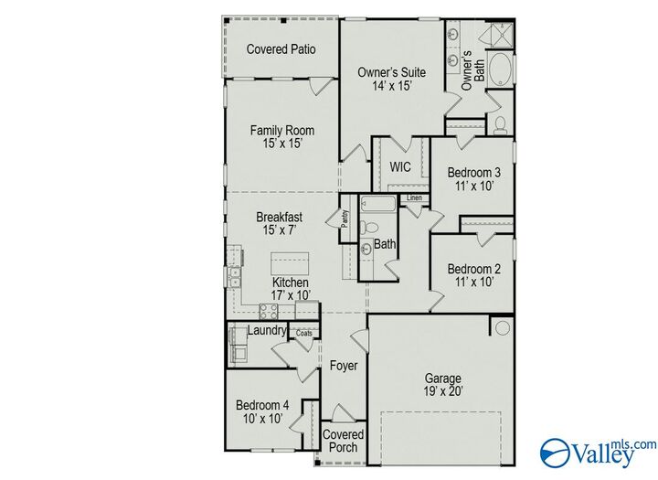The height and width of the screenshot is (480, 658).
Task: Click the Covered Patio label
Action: tap(281, 49)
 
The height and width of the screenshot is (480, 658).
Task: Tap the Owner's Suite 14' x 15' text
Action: tap(391, 79)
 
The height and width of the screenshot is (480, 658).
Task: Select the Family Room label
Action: tap(281, 137)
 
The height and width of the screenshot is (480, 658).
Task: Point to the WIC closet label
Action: tap(400, 167)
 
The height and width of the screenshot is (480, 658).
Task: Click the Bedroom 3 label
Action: tap(472, 178)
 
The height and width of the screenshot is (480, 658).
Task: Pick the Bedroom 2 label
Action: tap(472, 275)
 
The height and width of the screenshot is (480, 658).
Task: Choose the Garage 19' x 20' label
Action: tap(442, 385)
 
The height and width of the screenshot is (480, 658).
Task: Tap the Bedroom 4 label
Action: tap(262, 412)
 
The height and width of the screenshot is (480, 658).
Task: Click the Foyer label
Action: tap(344, 367)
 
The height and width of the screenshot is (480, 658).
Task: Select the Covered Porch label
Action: tap(344, 441)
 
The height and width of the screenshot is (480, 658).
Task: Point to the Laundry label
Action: tap(268, 330)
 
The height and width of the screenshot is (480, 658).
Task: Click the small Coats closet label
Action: tap(303, 334)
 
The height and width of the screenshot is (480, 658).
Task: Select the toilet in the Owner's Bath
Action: tap(499, 125)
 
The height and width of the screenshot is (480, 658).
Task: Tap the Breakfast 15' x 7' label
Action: tap(279, 224)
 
